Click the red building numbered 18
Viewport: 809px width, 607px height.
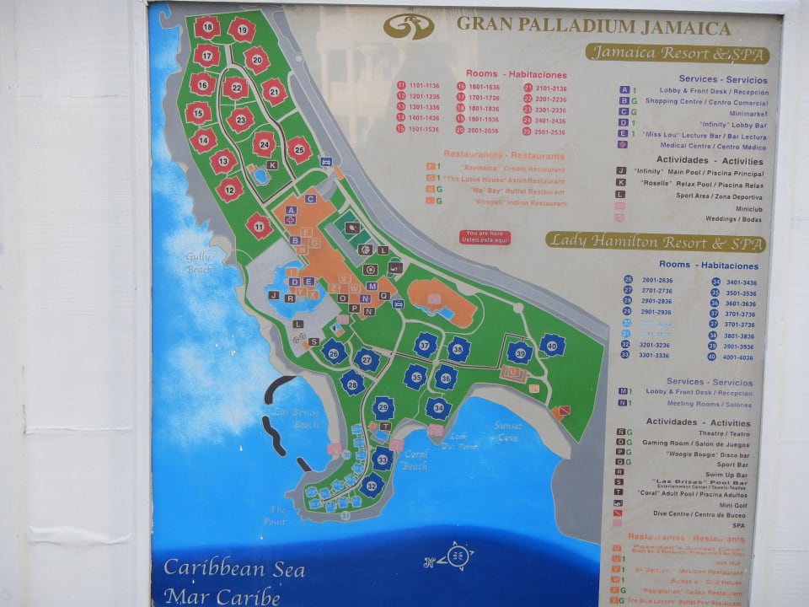tap(206, 27)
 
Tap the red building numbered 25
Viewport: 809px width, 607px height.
tap(298, 150)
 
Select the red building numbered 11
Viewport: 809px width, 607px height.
tap(259, 225)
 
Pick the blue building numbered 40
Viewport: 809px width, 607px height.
tap(552, 345)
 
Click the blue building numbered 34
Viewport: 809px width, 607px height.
tap(437, 409)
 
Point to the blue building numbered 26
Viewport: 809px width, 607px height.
tap(335, 352)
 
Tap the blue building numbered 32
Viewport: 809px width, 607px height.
tap(372, 485)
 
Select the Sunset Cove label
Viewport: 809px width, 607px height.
tap(508, 431)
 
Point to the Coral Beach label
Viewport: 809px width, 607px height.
tap(415, 459)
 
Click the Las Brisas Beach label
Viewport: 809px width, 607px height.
tap(295, 419)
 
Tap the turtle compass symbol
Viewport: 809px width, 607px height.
tap(457, 556)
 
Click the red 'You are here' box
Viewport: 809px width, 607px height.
tap(485, 237)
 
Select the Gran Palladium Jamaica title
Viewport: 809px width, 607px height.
tap(593, 26)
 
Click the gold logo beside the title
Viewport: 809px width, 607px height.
tap(409, 26)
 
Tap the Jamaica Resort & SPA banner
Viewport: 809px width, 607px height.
tap(678, 54)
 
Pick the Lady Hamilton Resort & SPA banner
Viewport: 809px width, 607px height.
tap(655, 241)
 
